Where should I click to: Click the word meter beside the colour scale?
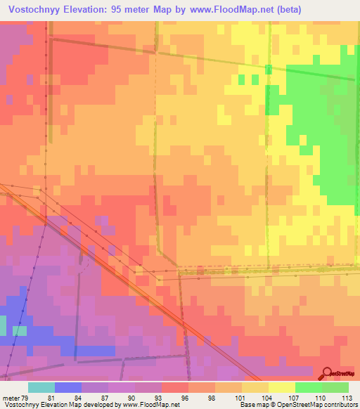[x=11, y=397]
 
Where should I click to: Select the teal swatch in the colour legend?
[x=41, y=387]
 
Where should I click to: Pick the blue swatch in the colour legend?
[x=68, y=387]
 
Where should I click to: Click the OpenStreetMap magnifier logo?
[x=328, y=372]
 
